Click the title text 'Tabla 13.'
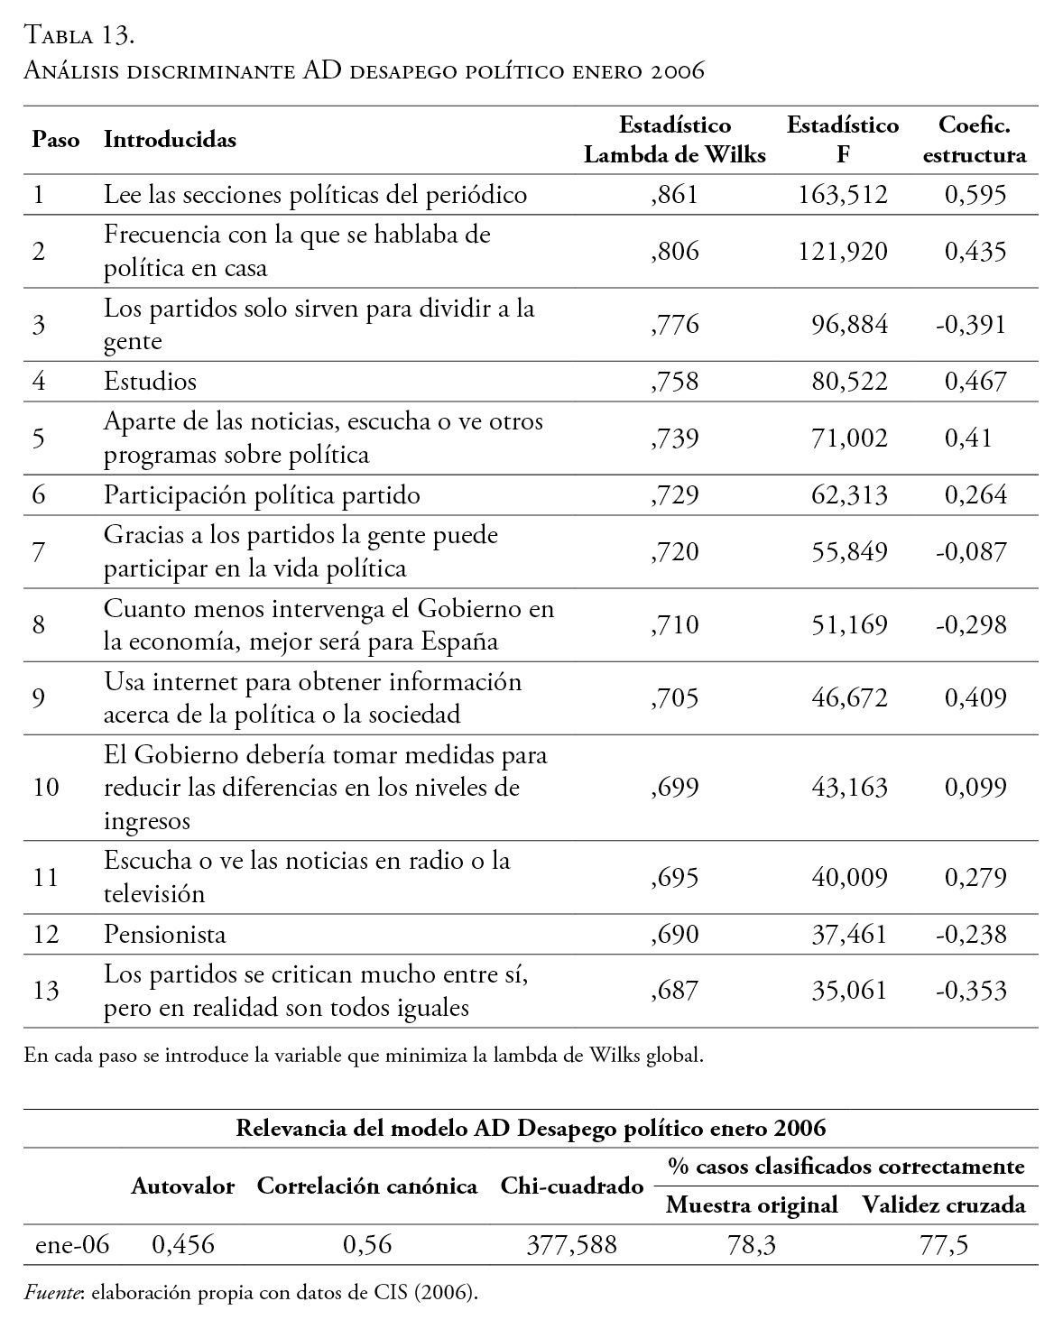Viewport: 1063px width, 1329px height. coord(80,36)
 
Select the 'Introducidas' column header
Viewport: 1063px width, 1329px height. coord(170,140)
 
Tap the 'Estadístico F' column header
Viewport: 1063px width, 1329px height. coord(843,140)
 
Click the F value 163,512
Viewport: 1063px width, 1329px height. coord(843,195)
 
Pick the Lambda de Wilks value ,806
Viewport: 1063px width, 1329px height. coord(674,251)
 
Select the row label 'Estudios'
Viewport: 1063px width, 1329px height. coord(150,381)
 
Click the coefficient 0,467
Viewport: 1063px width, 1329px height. coord(975,381)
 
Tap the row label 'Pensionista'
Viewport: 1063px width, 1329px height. coord(164,934)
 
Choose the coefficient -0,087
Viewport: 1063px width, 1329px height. coord(971,551)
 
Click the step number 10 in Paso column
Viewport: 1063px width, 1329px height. coord(45,788)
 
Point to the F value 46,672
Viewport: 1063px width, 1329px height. coord(848,697)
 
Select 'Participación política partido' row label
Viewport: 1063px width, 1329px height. coord(262,495)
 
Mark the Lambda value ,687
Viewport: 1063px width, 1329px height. coord(674,991)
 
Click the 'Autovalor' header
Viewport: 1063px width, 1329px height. coord(182,1186)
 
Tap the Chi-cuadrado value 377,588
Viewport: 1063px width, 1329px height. coord(571,1246)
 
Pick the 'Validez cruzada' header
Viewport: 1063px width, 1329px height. coord(943,1204)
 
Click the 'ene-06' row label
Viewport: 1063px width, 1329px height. coord(72,1246)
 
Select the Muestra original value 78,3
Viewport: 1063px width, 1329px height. coord(752,1246)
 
